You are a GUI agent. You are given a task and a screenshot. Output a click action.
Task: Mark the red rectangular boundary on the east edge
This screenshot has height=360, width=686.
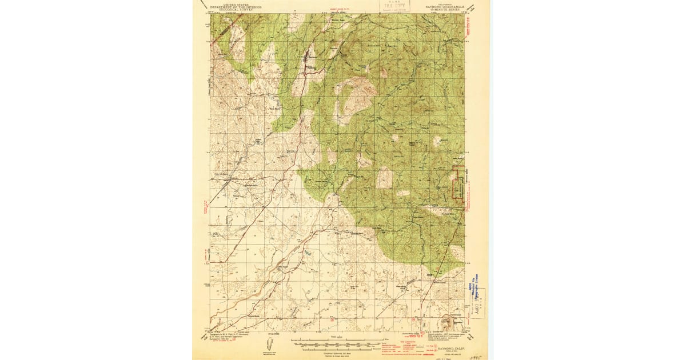pyautogui.click(x=458, y=183)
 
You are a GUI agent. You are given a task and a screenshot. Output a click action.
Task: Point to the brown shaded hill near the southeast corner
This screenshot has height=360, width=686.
pyautogui.click(x=449, y=320)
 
